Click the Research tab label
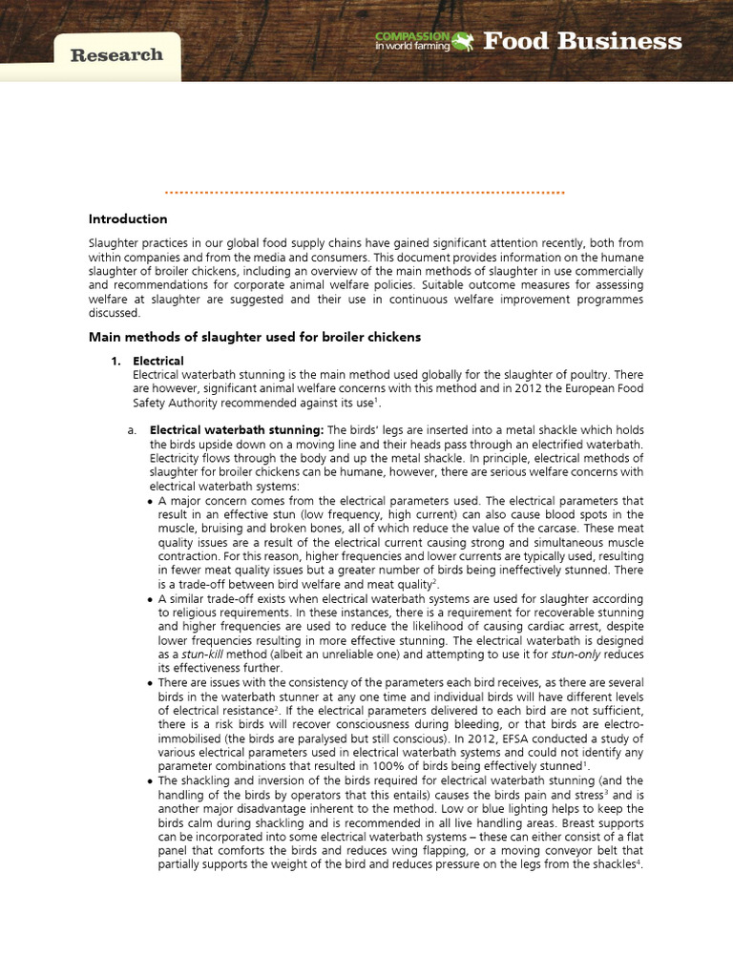pos(116,55)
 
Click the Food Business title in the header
pos(582,41)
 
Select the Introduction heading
pos(128,219)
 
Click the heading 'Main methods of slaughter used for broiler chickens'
pos(255,337)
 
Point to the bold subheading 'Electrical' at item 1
pos(158,361)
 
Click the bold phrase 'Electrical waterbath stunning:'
pos(237,430)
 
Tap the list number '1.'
pos(116,361)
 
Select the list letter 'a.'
pos(132,430)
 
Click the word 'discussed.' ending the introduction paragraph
pos(115,313)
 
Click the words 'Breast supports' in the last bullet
pos(604,822)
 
